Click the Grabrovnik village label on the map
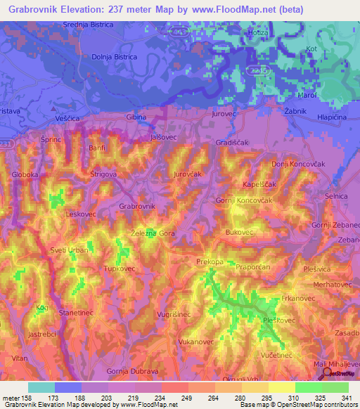tap(136, 206)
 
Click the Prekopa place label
tap(210, 261)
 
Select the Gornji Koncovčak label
tap(243, 201)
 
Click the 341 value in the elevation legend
tap(347, 398)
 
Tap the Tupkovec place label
tap(119, 268)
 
